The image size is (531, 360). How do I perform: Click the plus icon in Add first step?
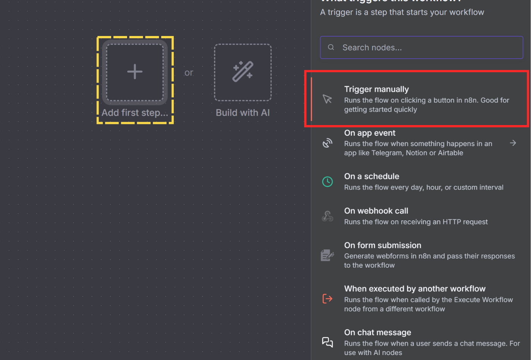point(135,72)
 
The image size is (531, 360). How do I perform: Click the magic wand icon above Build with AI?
point(243,71)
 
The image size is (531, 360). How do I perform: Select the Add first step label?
point(135,113)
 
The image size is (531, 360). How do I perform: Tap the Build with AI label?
point(243,113)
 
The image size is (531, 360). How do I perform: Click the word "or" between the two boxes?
point(189,72)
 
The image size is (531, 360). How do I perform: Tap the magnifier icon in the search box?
point(331,47)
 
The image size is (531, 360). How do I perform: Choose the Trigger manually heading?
point(376,89)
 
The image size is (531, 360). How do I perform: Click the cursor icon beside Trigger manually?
point(327,99)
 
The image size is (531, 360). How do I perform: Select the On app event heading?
point(369,133)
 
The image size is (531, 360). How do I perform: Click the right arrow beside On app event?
point(513,143)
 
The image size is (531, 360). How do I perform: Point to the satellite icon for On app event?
point(327,143)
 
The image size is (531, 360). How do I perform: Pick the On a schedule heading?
point(371,176)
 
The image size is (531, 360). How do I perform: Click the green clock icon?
point(327,182)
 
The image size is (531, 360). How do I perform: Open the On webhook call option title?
point(376,211)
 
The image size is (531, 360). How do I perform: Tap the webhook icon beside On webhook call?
point(327,216)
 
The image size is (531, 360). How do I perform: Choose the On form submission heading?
point(382,245)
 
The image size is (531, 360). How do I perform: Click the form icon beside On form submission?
point(327,255)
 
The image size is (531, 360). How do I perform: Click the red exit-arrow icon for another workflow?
point(327,299)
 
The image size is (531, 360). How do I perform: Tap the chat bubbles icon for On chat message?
point(327,342)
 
